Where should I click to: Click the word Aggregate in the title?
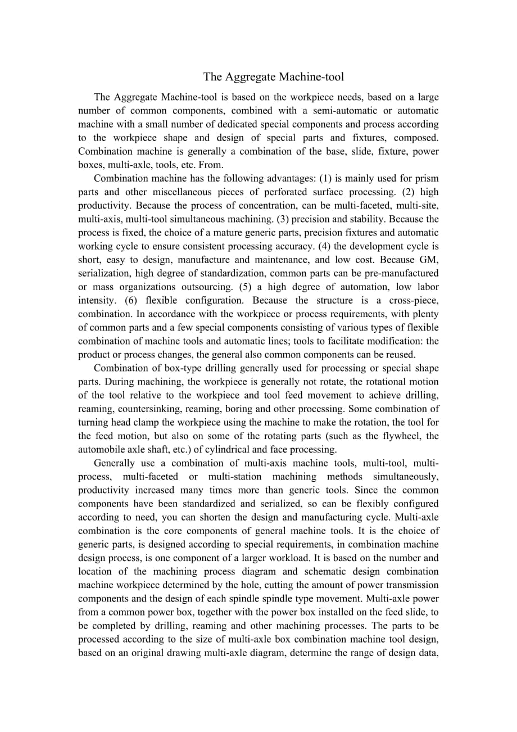coord(248,76)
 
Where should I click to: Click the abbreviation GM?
coord(429,260)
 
